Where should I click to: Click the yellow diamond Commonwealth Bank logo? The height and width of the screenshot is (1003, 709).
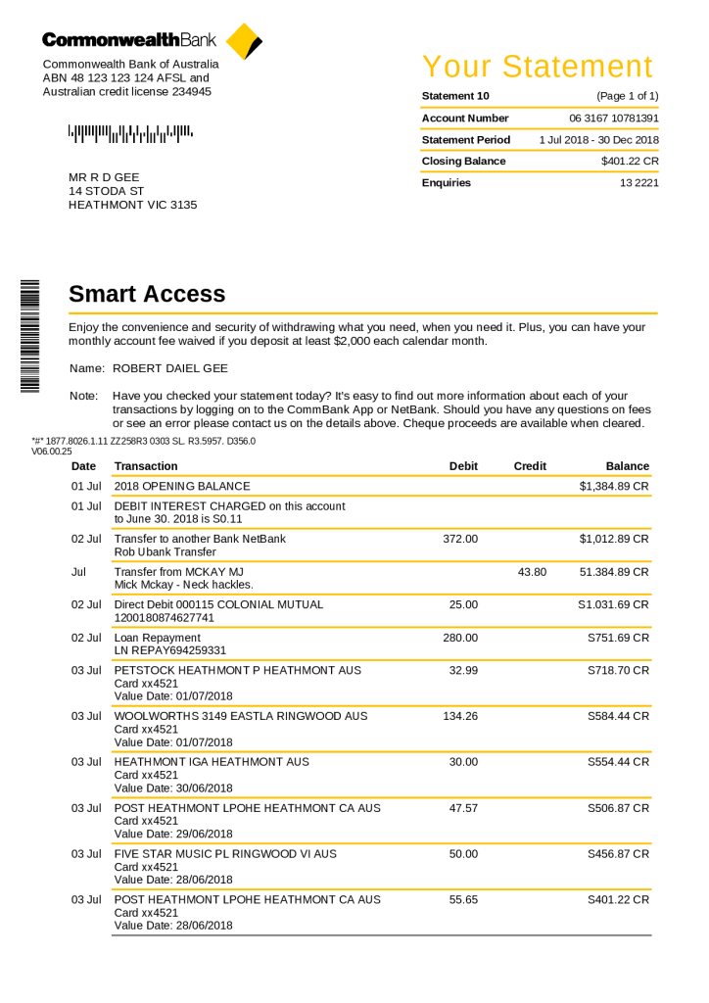[x=243, y=41]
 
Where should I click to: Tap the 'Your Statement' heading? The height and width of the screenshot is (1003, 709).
[x=538, y=67]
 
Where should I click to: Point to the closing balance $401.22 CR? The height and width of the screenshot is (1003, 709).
[x=630, y=161]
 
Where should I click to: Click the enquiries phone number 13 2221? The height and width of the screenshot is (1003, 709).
[x=638, y=182]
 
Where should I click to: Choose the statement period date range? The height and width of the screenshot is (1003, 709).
[x=598, y=139]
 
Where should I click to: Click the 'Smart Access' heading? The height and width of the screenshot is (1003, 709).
[x=147, y=294]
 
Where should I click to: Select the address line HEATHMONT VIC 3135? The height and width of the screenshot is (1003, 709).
[x=132, y=205]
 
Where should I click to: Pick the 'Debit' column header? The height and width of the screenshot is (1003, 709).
[x=463, y=466]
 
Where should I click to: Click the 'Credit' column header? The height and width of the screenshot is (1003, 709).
[x=530, y=466]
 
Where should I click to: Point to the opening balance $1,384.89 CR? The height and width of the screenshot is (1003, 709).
[x=614, y=486]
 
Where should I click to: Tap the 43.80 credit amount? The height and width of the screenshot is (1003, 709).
[x=532, y=571]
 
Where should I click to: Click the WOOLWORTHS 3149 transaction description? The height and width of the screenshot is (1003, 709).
[x=241, y=716]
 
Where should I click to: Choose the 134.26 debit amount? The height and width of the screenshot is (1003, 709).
[x=460, y=716]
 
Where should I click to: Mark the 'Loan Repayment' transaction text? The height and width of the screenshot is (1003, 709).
[x=158, y=638]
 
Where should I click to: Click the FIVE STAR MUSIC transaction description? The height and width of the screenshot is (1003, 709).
[x=225, y=853]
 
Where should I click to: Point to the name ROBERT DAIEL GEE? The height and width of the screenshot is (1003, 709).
[x=171, y=368]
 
